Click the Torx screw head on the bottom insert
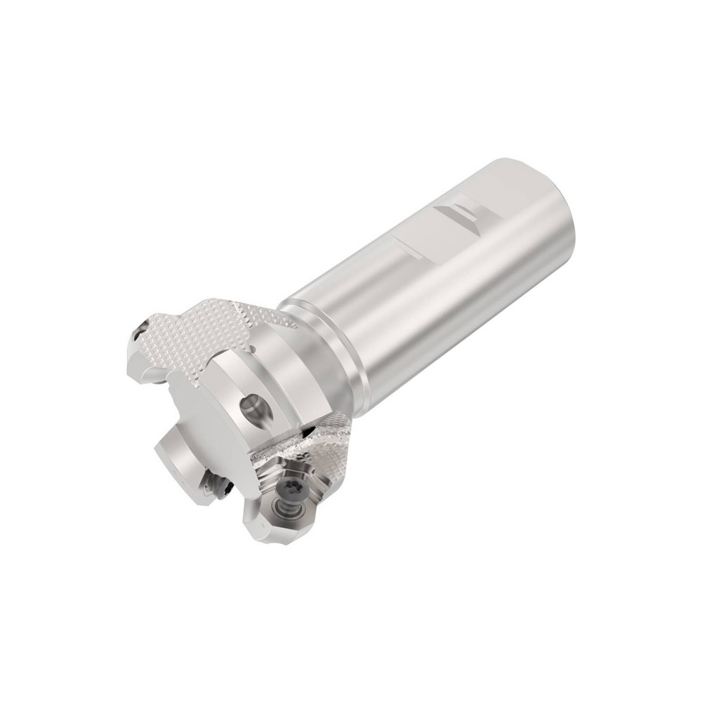[x=290, y=486]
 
